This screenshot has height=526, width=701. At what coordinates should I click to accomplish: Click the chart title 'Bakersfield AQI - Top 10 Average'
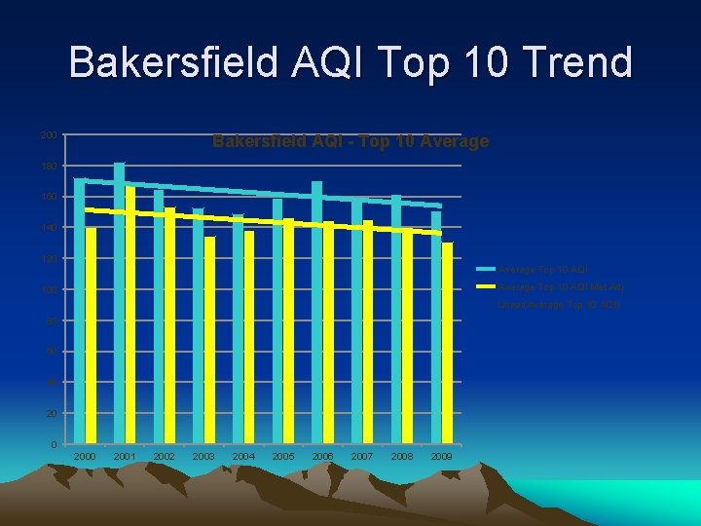350,142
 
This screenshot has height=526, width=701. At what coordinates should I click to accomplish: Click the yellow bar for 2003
209,341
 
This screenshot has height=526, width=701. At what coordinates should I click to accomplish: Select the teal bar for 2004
238,331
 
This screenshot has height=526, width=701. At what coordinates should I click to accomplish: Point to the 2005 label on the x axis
283,456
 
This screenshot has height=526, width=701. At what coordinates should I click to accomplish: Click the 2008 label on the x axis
402,456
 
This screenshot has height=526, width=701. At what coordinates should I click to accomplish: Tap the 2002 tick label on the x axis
165,456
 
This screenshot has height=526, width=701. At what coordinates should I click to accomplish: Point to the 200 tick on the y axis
49,134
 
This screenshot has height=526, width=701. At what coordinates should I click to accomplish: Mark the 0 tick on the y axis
53,445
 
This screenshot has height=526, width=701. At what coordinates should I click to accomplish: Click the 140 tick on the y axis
49,228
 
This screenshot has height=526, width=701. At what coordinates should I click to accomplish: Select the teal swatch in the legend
484,270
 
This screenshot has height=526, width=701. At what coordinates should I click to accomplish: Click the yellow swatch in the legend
484,287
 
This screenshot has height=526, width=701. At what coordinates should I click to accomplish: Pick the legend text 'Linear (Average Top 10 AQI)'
559,305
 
